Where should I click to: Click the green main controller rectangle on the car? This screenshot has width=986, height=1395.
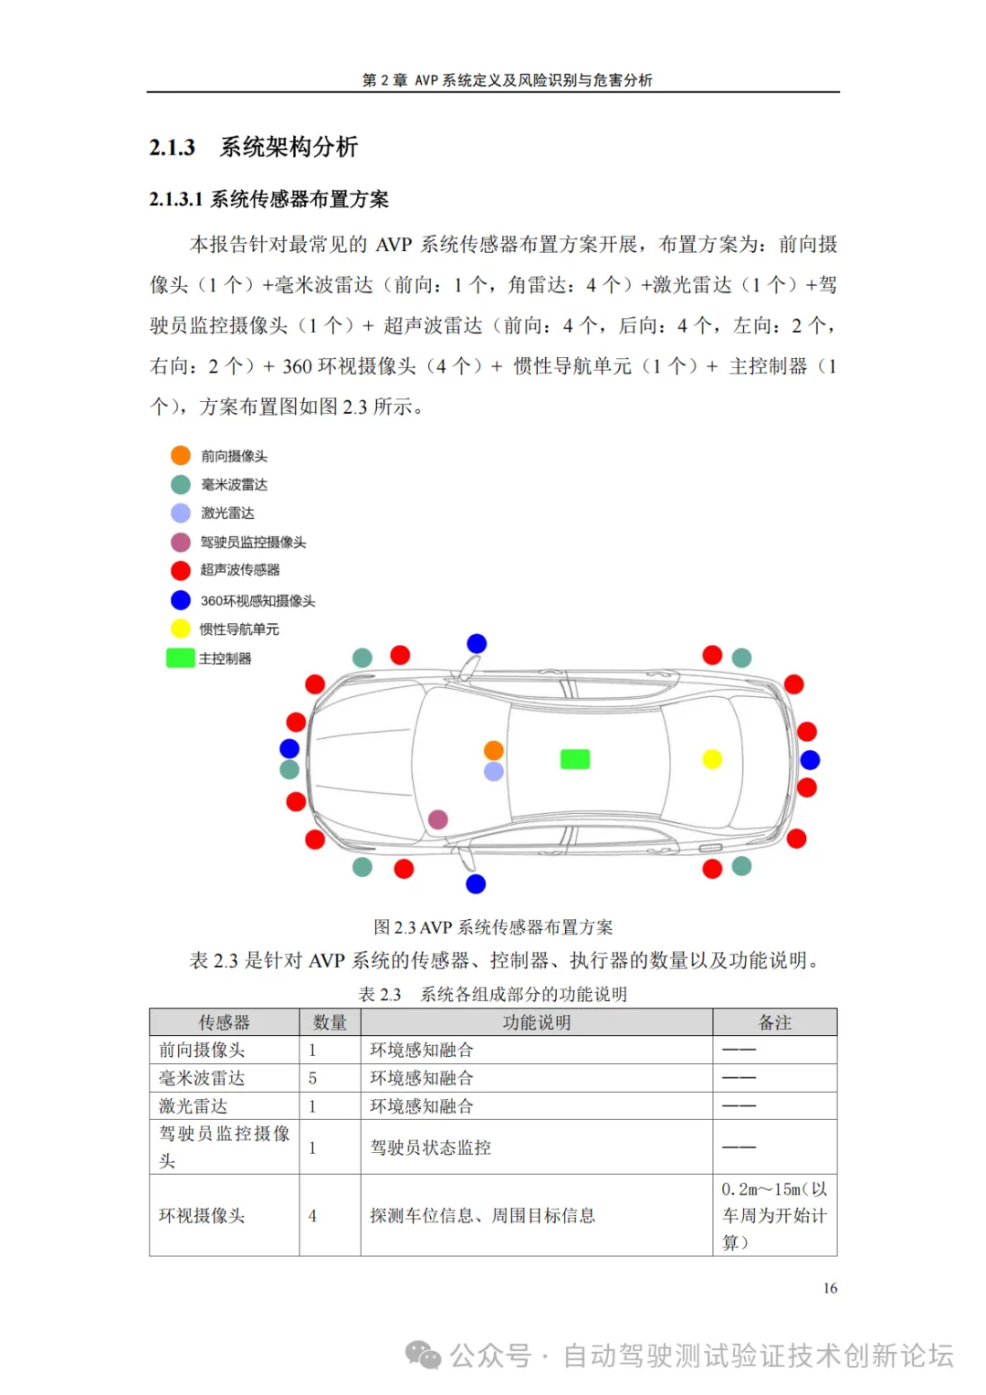click(x=574, y=759)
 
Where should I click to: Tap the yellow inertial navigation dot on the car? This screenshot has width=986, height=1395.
click(x=712, y=759)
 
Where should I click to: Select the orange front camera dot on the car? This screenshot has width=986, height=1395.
click(x=494, y=751)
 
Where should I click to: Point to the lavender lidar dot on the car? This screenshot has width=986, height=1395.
click(x=494, y=772)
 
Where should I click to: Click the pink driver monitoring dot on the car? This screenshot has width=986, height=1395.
click(x=438, y=819)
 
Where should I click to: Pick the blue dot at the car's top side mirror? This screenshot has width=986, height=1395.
click(x=477, y=644)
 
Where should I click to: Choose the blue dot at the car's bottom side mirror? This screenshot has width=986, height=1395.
click(x=476, y=883)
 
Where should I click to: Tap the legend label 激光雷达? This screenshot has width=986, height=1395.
click(x=227, y=513)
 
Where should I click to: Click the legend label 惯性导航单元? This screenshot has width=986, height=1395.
click(x=239, y=629)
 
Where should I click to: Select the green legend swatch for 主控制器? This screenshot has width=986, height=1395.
click(x=180, y=658)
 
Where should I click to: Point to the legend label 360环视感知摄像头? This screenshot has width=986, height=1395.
click(x=257, y=601)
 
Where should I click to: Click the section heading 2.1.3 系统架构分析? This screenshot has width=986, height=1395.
click(x=254, y=147)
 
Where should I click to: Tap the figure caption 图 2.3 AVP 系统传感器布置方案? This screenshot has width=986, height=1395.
click(x=493, y=927)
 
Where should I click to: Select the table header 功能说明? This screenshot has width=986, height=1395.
click(x=536, y=1022)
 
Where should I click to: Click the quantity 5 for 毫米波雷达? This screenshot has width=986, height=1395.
click(x=312, y=1079)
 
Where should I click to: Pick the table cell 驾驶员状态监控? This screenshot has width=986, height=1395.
click(x=430, y=1147)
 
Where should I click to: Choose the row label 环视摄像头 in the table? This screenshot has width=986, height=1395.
click(x=202, y=1216)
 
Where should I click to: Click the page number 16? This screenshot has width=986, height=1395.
click(x=830, y=1288)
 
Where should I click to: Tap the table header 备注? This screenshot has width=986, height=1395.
click(x=774, y=1022)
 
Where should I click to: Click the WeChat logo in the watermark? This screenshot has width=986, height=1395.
click(x=423, y=1356)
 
